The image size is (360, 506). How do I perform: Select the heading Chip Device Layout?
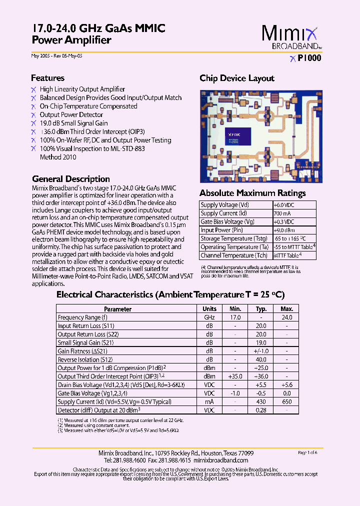click(236, 78)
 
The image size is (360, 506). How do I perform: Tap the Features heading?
click(47, 78)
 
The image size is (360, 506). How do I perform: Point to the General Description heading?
click(71, 179)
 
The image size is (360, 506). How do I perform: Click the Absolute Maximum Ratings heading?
click(252, 193)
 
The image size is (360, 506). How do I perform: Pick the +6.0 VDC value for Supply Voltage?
click(283, 205)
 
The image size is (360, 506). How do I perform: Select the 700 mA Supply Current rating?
click(281, 213)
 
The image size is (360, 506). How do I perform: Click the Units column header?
click(209, 309)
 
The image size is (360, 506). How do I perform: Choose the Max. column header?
click(286, 309)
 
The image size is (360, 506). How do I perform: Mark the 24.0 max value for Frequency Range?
click(286, 317)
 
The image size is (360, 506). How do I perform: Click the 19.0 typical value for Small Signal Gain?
click(261, 343)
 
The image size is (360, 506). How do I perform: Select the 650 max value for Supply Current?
click(286, 402)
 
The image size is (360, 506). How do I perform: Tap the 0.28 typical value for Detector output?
click(261, 410)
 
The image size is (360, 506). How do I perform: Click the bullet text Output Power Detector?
click(71, 115)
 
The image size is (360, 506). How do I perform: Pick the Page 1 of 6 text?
click(307, 452)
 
